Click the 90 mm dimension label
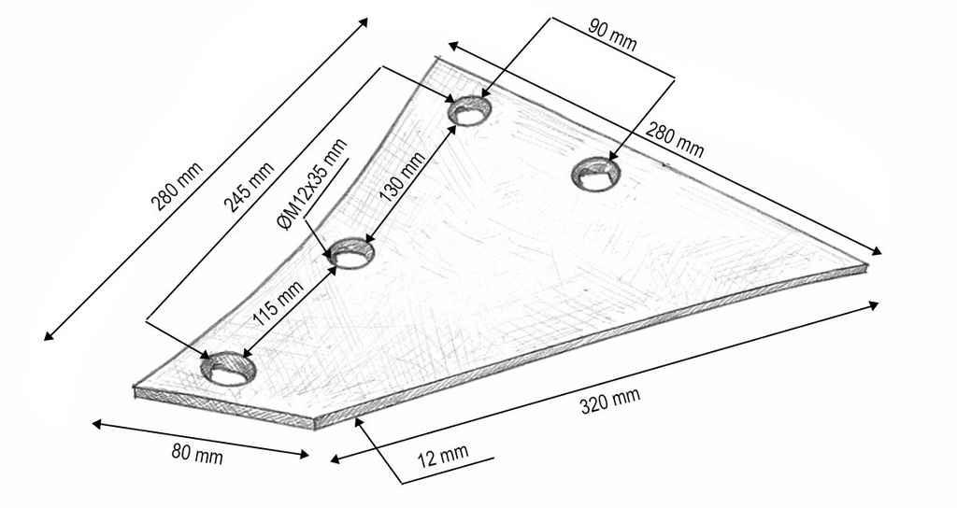coord(612,35)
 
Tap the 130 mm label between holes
coord(402,176)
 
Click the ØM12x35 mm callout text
coord(311,183)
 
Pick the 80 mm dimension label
coord(197,455)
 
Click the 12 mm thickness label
coord(443,455)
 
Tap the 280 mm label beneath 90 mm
coord(675,140)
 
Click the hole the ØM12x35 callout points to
coord(350,253)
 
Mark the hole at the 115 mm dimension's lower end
coord(228,368)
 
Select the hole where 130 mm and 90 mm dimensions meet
coord(470,111)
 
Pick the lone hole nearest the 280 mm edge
coord(595,172)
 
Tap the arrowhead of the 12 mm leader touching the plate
coord(358,423)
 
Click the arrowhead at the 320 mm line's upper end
coord(873,305)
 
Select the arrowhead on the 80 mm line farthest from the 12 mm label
coord(97,424)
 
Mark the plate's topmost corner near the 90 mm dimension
coord(436,58)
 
